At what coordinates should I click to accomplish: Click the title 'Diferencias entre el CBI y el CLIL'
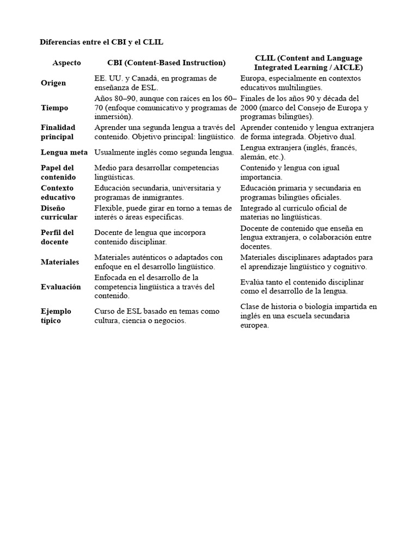pos(102,42)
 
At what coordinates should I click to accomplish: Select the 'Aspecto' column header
pos(66,63)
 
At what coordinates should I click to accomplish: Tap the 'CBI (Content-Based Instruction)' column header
pos(166,63)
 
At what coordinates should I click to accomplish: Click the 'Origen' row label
pos(53,83)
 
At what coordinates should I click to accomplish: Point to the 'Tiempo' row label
pos(54,108)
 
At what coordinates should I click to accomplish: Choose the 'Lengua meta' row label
pos(64,152)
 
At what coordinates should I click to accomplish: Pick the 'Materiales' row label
pos(60,262)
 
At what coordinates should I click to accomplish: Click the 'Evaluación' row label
pos(60,287)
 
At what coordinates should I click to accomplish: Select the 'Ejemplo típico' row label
pos(56,316)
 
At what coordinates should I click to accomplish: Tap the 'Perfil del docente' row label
pos(57,237)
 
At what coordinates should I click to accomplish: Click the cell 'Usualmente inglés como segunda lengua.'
pos(164,152)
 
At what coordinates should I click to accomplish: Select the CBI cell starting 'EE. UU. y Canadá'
pos(156,83)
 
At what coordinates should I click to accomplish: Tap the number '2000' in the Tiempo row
pos(249,108)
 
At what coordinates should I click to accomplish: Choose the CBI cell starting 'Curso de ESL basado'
pos(157,316)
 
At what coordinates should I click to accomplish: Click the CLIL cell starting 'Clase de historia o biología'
pos(309,316)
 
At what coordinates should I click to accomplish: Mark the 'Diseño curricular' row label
pos(59,212)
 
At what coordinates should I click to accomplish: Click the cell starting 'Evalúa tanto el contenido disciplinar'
pos(302,287)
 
